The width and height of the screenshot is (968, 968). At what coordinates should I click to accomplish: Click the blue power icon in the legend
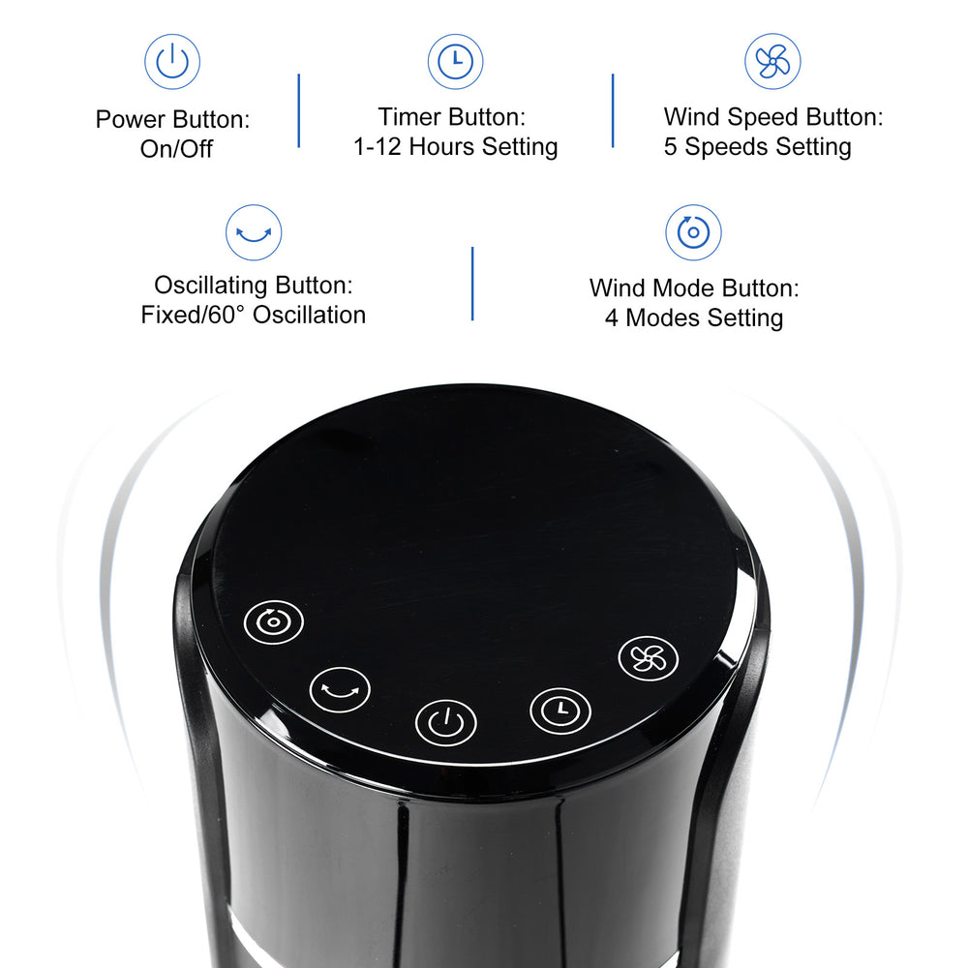tap(172, 62)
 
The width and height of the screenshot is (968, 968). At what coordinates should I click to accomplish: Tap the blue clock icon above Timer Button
tap(455, 62)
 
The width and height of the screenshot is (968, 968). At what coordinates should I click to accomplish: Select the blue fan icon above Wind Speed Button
tap(772, 62)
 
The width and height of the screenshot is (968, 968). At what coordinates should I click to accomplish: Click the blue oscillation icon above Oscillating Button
tap(254, 232)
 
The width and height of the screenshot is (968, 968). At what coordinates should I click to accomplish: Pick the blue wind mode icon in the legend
tap(693, 232)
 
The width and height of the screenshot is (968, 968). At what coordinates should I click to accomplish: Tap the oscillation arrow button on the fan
tap(340, 690)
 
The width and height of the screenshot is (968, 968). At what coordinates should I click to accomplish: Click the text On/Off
tap(176, 149)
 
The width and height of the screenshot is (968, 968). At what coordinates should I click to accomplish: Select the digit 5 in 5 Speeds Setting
tap(671, 147)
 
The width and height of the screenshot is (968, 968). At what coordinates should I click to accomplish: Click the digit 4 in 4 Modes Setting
tap(612, 318)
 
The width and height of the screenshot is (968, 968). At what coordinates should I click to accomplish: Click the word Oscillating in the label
tap(211, 286)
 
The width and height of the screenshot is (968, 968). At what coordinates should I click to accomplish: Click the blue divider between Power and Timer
tap(298, 110)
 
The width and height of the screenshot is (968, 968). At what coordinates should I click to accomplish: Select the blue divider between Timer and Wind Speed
tap(613, 110)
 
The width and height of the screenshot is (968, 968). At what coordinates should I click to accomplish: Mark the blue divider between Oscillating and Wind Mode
tap(472, 284)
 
